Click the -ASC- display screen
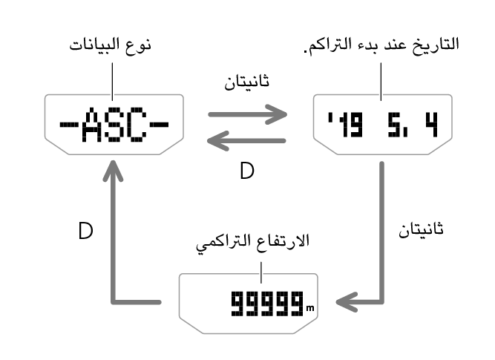pyautogui.click(x=114, y=123)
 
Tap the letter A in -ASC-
pyautogui.click(x=95, y=127)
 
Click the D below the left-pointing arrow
pyautogui.click(x=246, y=171)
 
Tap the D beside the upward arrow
pyautogui.click(x=85, y=231)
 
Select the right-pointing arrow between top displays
pyautogui.click(x=247, y=114)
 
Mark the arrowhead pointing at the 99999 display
pyautogui.click(x=346, y=301)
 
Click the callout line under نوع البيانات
pyautogui.click(x=111, y=77)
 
